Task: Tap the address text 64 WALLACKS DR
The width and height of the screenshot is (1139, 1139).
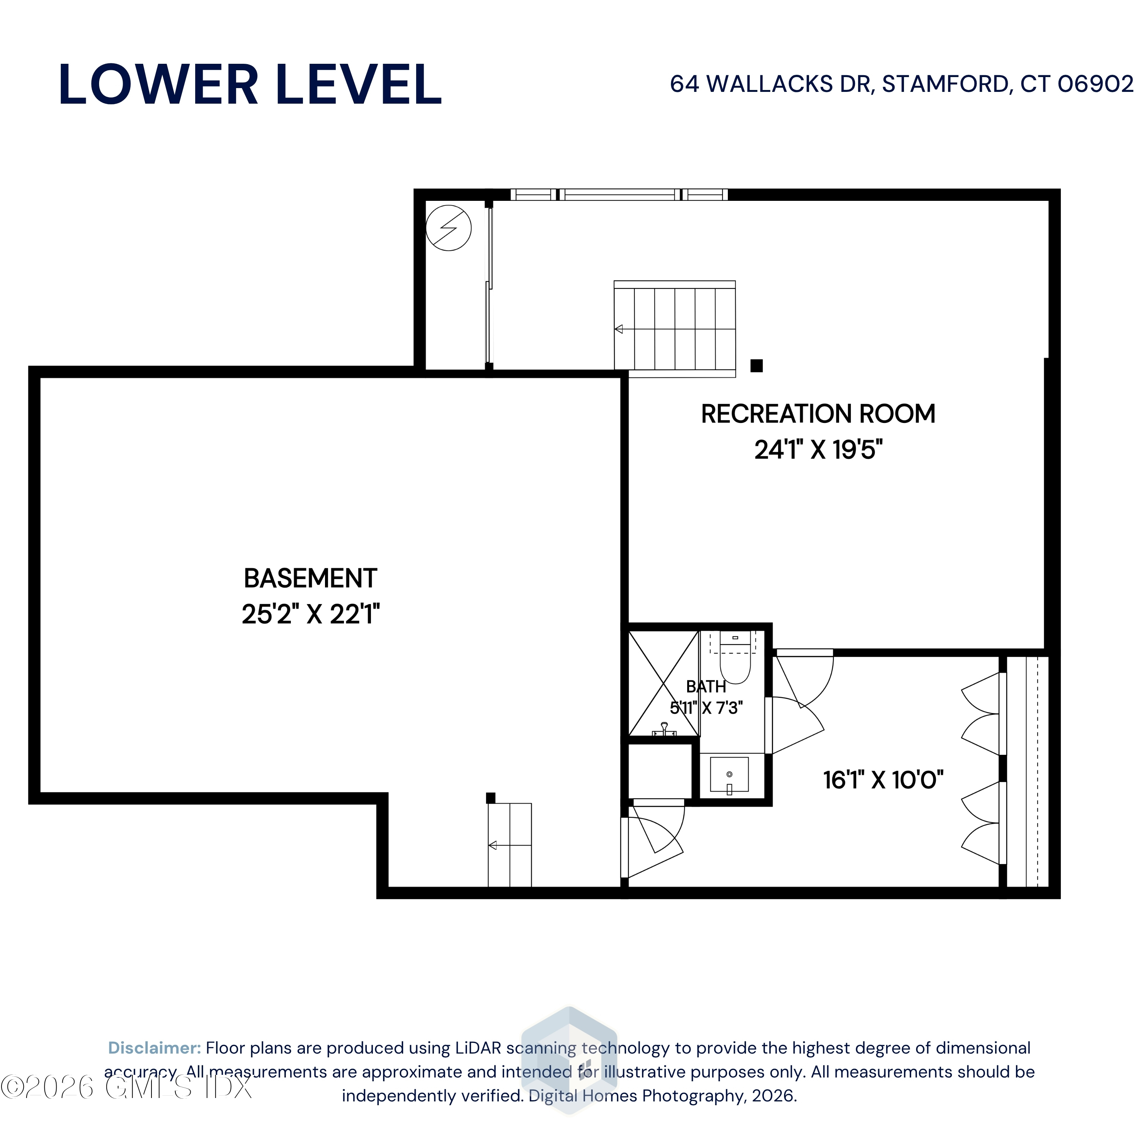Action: click(770, 84)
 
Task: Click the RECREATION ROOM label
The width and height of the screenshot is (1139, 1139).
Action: click(818, 414)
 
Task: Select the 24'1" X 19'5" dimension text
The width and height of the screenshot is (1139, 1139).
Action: click(818, 450)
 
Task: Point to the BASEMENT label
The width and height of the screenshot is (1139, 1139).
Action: click(310, 578)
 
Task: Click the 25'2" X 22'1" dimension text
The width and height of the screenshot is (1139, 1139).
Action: click(311, 614)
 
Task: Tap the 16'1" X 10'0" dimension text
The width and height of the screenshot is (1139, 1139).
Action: click(883, 780)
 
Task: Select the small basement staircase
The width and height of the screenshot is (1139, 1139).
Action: click(510, 845)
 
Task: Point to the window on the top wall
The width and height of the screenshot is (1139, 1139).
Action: click(619, 194)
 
